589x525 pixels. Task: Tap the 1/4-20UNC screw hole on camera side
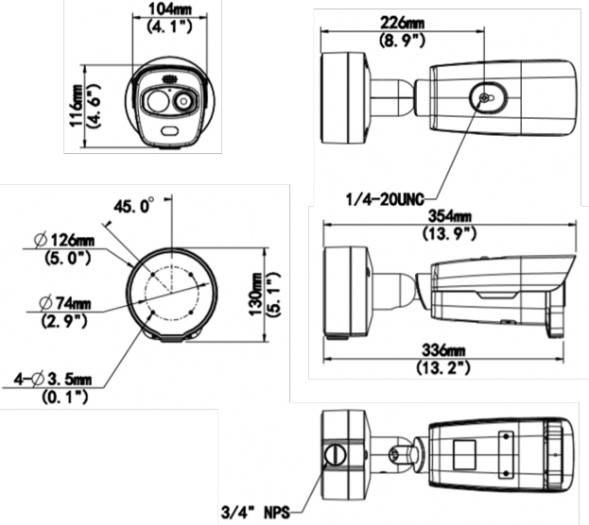pyautogui.click(x=483, y=98)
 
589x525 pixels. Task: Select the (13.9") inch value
pyautogui.click(x=453, y=232)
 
